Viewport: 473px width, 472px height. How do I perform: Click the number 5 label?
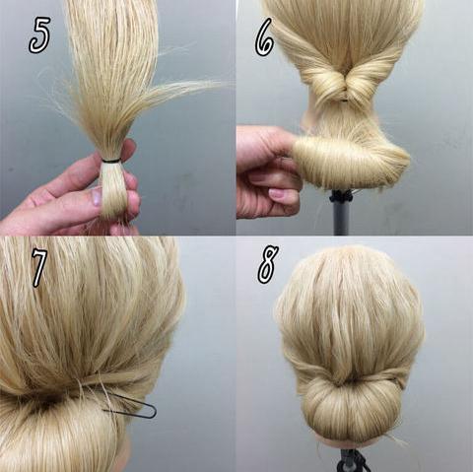coord(39,35)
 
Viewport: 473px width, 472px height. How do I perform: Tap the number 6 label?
coord(264,36)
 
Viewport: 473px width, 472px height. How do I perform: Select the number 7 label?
coord(39,267)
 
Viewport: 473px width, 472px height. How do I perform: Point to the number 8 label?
coord(268,264)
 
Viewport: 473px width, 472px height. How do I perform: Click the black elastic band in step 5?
coord(111,161)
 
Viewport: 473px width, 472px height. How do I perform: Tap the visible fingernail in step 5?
coord(97,196)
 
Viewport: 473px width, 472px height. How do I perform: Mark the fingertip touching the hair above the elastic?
coord(129,147)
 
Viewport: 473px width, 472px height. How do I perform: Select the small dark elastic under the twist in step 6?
coord(344,100)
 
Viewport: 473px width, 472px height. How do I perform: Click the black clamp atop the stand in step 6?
coord(341,196)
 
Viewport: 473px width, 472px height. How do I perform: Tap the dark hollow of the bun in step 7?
coord(49,402)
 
